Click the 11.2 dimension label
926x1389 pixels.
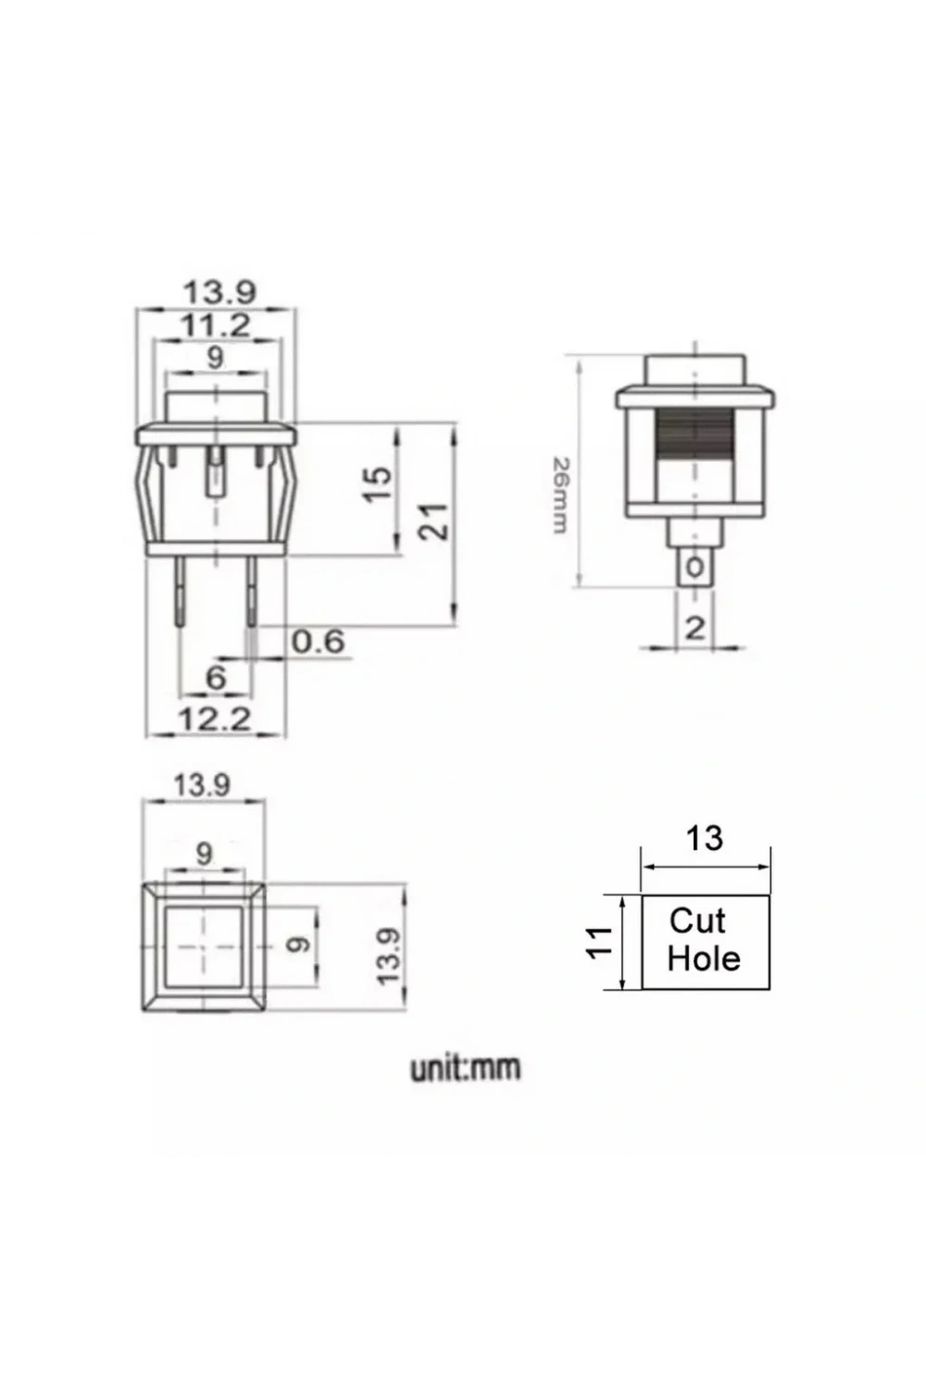(216, 325)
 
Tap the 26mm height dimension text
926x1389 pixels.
(559, 494)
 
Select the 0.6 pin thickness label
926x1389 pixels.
(319, 641)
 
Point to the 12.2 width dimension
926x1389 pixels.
(215, 720)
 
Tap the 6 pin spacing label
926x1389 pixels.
(215, 677)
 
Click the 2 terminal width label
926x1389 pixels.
(694, 629)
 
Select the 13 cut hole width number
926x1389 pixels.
(704, 838)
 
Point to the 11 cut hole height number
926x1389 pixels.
(600, 943)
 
